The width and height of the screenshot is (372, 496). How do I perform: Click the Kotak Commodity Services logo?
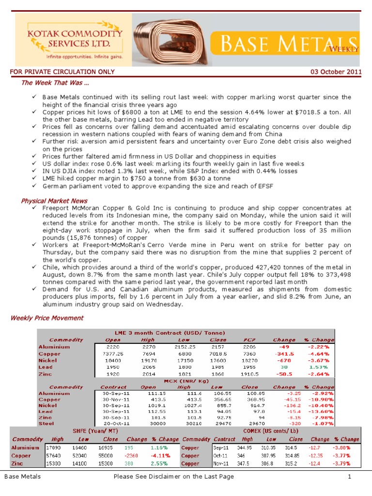tap(73, 39)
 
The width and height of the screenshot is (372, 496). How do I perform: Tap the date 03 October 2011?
tap(336, 72)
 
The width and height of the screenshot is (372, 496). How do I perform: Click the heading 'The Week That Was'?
tap(51, 83)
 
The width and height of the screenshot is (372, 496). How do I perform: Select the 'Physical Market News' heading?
tap(54, 201)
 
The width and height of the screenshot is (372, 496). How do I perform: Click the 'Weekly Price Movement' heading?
tap(46, 318)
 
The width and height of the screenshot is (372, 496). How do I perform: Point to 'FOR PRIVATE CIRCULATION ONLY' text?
tap(62, 72)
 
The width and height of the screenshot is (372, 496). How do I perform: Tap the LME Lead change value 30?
tap(284, 367)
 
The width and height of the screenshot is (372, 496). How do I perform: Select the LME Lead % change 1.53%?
tap(319, 367)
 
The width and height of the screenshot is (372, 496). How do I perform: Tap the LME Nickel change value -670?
tap(284, 360)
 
